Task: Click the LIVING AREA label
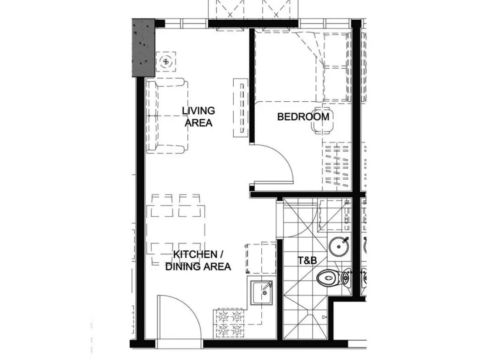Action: click(x=198, y=116)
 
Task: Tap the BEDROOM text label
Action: click(x=303, y=116)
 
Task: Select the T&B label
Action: click(x=307, y=260)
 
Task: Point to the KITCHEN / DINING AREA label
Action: click(x=198, y=260)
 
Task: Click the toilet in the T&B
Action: click(x=334, y=278)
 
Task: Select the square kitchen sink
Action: click(x=261, y=293)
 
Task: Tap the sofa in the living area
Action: click(x=167, y=116)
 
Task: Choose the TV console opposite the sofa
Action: click(x=241, y=108)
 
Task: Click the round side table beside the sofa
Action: click(x=165, y=61)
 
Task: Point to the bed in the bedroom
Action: click(x=302, y=66)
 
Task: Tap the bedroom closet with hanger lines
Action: click(x=337, y=166)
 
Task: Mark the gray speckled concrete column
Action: click(x=143, y=48)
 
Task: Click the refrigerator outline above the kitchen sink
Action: click(x=261, y=258)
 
